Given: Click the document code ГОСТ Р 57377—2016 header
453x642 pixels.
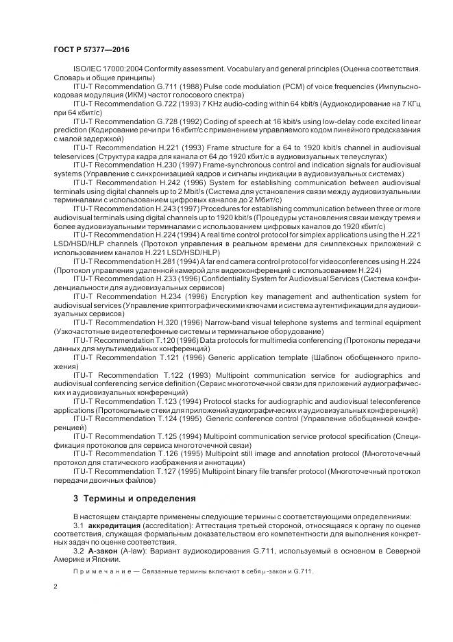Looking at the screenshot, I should click(x=90, y=51).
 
